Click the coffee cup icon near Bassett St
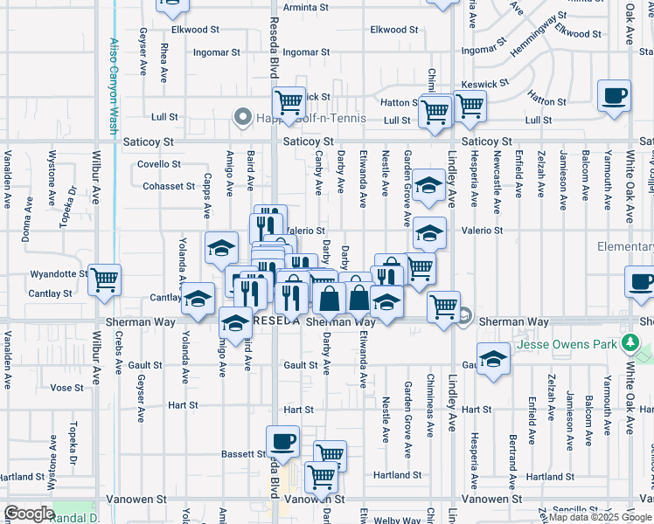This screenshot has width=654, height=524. [x=282, y=442]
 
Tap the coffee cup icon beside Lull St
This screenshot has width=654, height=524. [x=614, y=95]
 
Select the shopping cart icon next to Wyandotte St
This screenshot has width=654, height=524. [x=104, y=280]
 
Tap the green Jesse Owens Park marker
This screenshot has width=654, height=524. [x=628, y=342]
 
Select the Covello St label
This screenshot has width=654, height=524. [x=159, y=164]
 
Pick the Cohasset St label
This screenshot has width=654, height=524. [x=169, y=186]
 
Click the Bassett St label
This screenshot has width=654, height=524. [x=243, y=454]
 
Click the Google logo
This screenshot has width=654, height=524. [x=29, y=514]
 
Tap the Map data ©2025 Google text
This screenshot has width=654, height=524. [x=600, y=518]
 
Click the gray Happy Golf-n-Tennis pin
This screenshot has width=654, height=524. [x=242, y=117]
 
